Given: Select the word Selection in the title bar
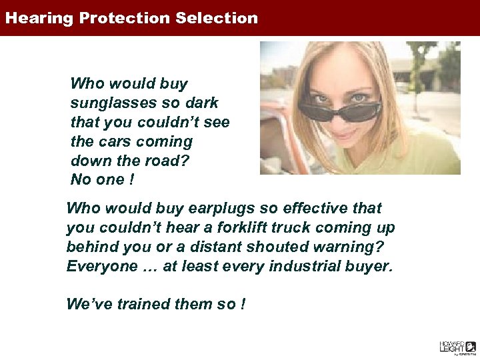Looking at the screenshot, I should click(x=217, y=18).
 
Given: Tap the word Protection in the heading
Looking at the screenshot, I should click(x=126, y=18).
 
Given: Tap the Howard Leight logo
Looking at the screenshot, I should click(x=457, y=347).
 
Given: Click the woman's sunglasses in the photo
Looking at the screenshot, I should click(x=339, y=109).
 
